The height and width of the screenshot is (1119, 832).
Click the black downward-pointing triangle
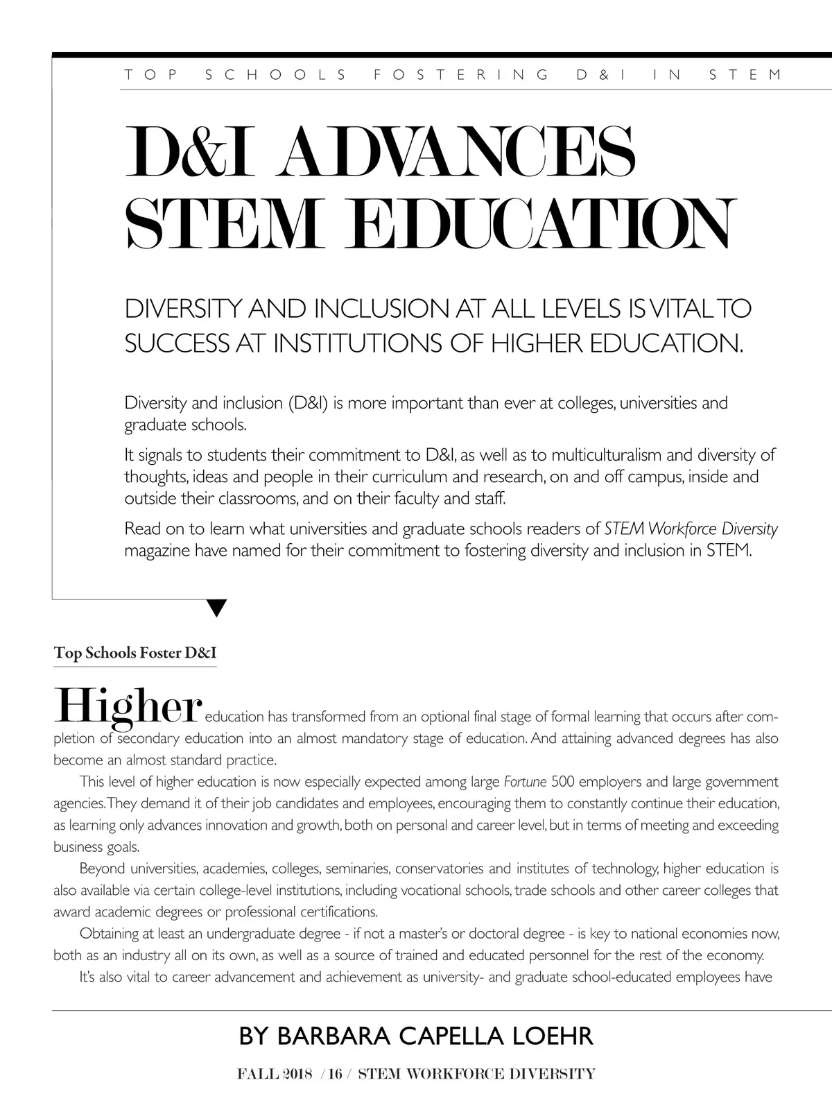click(217, 608)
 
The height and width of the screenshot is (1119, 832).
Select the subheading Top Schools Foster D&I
click(135, 654)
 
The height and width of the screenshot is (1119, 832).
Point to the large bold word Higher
click(128, 706)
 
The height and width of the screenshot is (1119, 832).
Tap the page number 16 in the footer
click(336, 1074)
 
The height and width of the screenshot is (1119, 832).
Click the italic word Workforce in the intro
click(682, 529)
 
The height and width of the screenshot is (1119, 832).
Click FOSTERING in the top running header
click(461, 74)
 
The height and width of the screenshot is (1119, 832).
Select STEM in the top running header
click(745, 74)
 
